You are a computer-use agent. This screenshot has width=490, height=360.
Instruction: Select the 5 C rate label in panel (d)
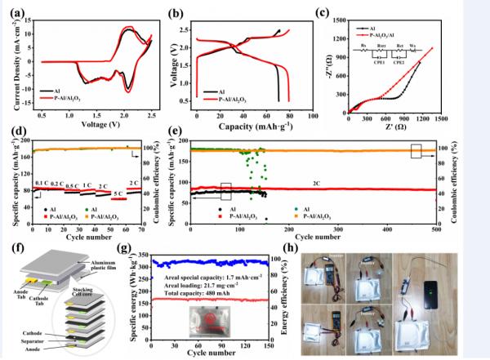[x=119, y=194]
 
